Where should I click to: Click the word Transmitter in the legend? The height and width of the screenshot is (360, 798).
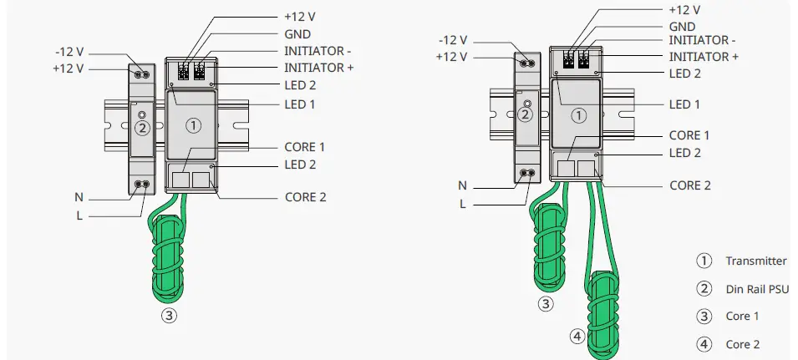point(755,261)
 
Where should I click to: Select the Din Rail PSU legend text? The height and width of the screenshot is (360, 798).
point(757,289)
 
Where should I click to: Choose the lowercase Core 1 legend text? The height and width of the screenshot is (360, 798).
point(743,317)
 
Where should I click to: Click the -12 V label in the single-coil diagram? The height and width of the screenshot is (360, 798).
point(68,52)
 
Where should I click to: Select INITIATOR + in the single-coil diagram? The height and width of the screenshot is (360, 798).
point(319,67)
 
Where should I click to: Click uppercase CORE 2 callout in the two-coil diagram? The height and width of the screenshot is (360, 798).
point(690,185)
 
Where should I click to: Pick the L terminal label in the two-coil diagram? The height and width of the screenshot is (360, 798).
point(461,204)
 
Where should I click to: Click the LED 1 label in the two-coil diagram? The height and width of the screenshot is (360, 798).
point(685,104)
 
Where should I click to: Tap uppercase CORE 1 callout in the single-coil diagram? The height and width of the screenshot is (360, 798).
point(305,147)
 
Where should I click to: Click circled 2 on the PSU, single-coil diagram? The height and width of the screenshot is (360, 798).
point(142,128)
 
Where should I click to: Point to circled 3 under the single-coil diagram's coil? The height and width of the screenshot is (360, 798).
point(170,316)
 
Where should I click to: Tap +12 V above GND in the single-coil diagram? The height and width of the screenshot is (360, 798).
point(300,18)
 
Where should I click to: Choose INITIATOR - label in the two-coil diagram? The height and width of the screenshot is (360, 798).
point(703,40)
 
